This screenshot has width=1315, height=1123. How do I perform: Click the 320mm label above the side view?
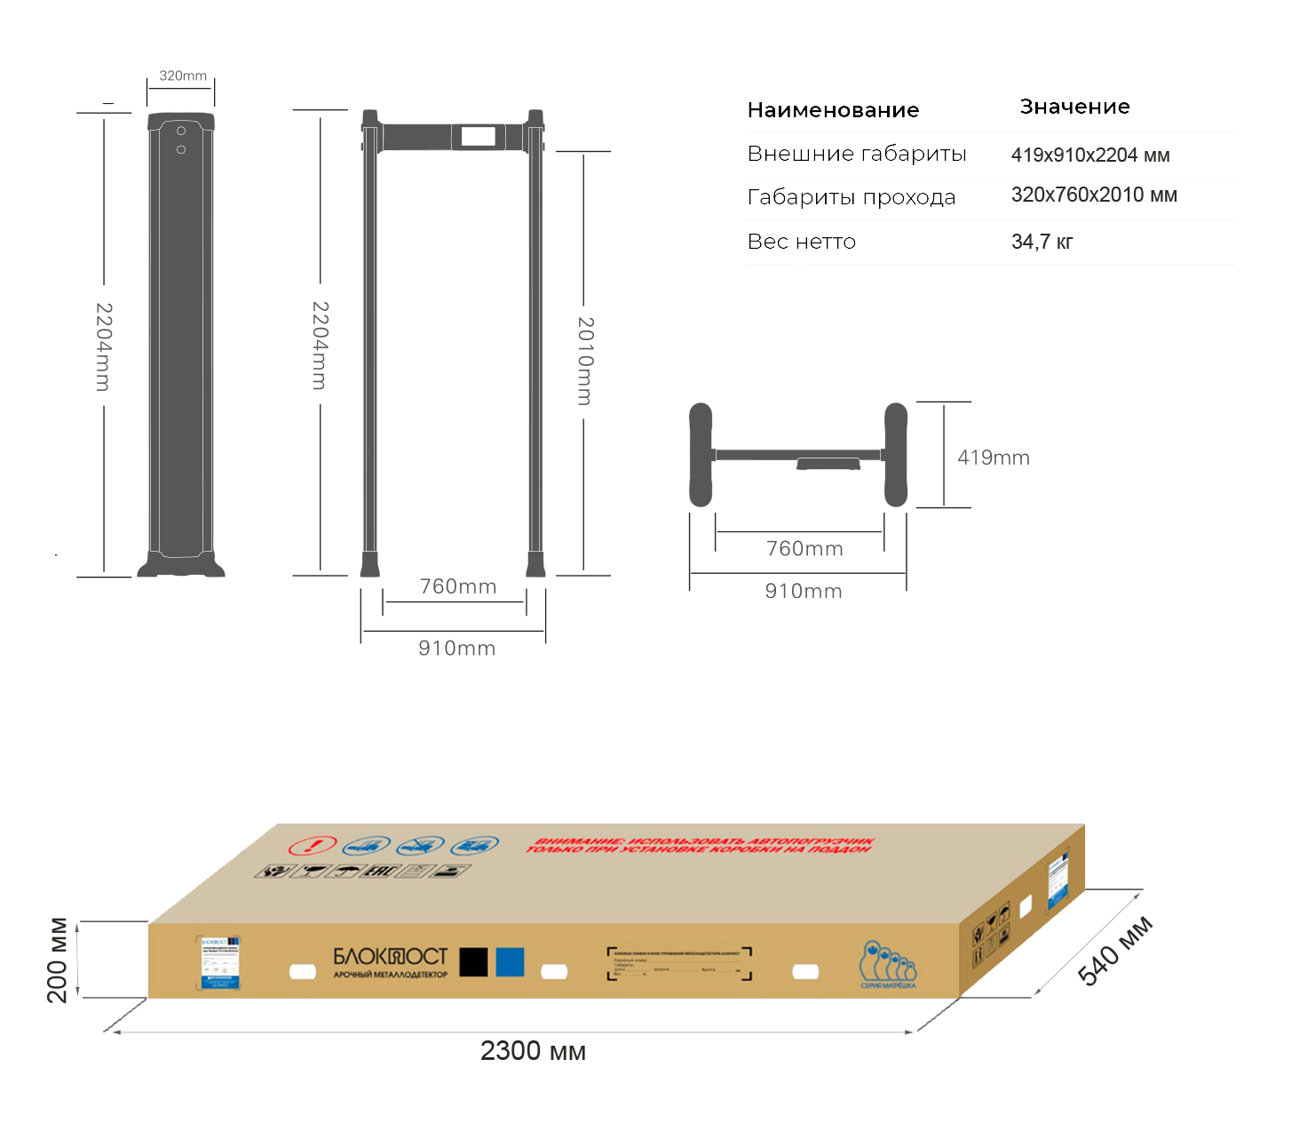pos(183,76)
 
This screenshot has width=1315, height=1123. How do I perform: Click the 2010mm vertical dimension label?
pos(585,361)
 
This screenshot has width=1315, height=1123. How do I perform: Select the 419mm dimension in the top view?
pos(993,458)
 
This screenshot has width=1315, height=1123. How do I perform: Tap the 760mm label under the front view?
pos(457,586)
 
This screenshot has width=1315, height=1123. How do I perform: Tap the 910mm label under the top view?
pos(804,592)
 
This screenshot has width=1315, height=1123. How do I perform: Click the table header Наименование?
pos(833,110)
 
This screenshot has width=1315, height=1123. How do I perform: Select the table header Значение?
pos(1074,107)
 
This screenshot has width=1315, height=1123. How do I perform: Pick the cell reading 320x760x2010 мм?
pos(1094,195)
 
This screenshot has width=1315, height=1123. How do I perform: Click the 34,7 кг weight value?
pos(1042,242)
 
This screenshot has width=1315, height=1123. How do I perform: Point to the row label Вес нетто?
pos(801,242)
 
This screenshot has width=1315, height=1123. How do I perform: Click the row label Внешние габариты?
pos(856,154)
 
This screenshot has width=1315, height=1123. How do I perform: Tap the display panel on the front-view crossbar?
pos(478,137)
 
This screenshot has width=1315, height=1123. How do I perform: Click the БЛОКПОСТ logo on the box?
pos(390,957)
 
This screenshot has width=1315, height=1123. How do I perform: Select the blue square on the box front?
pos(510,962)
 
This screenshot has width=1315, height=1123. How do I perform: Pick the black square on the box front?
pos(473,962)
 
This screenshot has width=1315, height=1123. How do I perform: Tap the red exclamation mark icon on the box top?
pos(313,845)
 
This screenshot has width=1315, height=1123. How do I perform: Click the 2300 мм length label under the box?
pos(533,1051)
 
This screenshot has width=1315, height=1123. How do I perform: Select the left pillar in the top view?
pos(701,455)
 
